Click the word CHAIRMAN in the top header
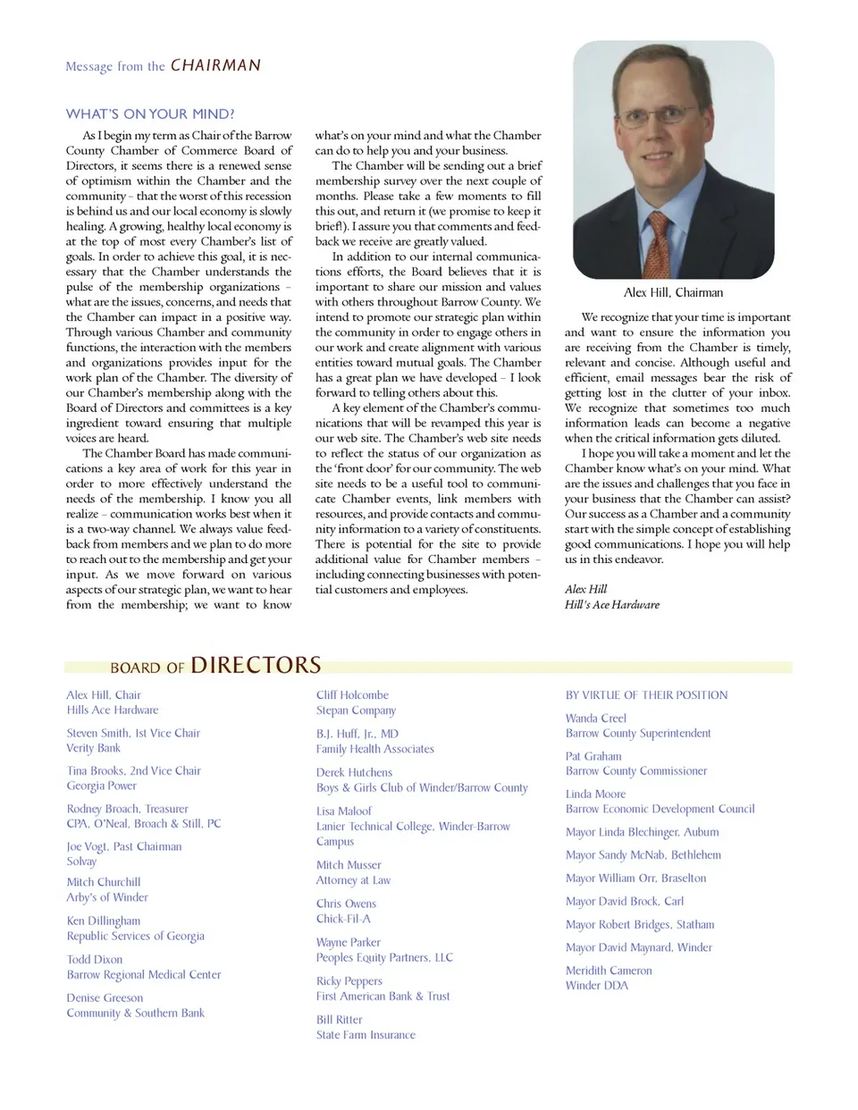215,65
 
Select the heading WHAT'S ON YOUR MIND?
150,114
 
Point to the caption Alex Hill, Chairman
673,292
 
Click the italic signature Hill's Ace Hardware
611,605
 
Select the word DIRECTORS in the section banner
256,666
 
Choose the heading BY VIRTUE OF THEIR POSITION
646,695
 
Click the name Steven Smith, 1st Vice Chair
133,733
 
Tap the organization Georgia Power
101,786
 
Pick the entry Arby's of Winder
107,897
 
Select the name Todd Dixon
95,960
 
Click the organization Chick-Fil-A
343,919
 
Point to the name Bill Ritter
339,1020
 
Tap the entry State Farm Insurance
366,1035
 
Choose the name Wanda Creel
595,719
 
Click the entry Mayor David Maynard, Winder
638,947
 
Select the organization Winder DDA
596,986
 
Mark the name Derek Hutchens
354,773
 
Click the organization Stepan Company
356,711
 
